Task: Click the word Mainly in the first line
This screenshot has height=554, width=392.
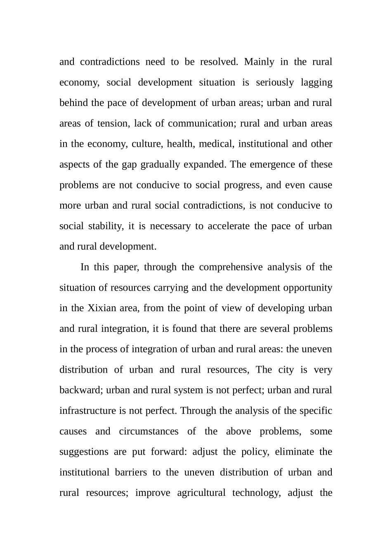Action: (x=259, y=62)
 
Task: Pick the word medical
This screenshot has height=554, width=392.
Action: (x=215, y=144)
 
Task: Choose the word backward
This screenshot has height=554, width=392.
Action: (x=80, y=390)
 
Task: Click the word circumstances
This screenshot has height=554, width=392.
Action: (x=149, y=431)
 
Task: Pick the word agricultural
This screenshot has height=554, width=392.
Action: (x=201, y=493)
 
